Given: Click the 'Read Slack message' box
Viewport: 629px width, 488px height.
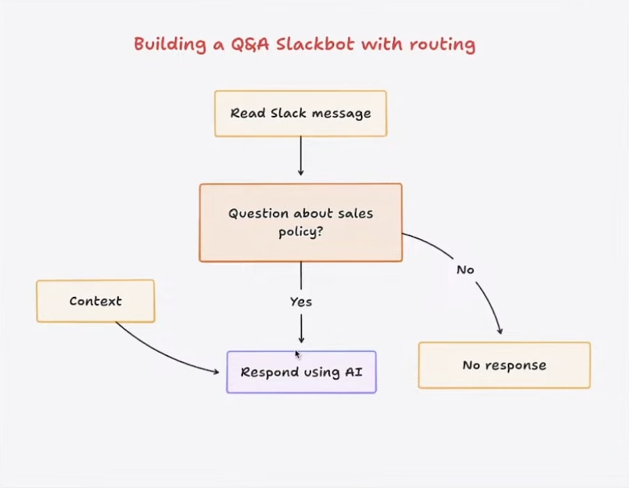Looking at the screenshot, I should (x=301, y=113).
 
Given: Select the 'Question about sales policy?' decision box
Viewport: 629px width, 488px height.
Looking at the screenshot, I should (x=301, y=222).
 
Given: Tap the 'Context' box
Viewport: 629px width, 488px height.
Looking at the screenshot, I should (x=95, y=301).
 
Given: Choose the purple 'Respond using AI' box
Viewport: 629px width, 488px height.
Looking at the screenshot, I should (x=301, y=372).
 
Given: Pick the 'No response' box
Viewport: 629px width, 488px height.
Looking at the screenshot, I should (x=504, y=365).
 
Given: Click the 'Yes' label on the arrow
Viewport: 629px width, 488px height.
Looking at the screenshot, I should (x=301, y=302).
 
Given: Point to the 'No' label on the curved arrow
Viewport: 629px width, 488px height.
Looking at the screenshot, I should (x=465, y=269).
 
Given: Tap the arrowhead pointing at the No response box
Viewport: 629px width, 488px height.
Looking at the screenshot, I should (x=499, y=330).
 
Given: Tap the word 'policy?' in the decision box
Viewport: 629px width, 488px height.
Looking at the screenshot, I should (x=301, y=232).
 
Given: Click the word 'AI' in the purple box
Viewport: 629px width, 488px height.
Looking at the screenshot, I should (x=353, y=372).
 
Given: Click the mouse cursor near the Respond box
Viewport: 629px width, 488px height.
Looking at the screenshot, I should (x=297, y=354).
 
